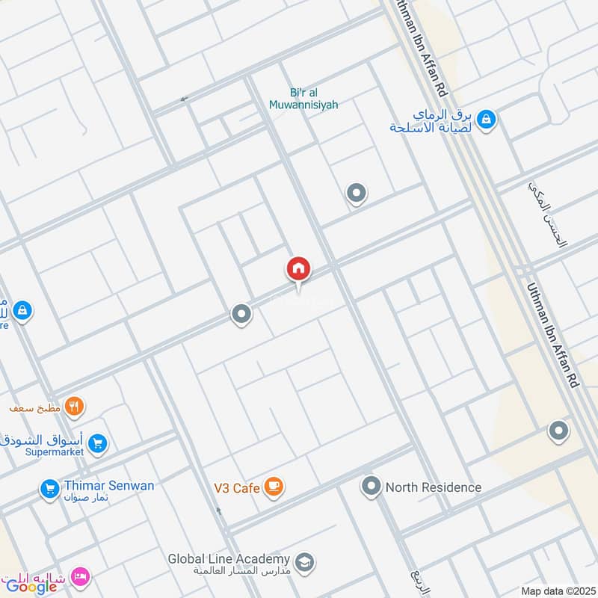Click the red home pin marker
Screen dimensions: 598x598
(x=298, y=269)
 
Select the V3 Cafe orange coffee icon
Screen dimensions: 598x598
(x=274, y=487)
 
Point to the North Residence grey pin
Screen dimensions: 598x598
(x=370, y=487)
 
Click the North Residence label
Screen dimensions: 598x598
(x=434, y=487)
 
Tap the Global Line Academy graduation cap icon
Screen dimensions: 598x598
(x=304, y=561)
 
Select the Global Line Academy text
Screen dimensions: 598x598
(x=228, y=559)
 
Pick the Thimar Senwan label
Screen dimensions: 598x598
(x=108, y=486)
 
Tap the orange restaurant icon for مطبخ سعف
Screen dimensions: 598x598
(x=74, y=407)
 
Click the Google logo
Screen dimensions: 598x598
(x=31, y=586)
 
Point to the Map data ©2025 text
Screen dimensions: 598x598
(x=556, y=591)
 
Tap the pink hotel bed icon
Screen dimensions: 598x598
(x=81, y=576)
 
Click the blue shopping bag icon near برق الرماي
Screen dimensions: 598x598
(x=486, y=119)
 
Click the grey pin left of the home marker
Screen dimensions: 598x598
(x=241, y=314)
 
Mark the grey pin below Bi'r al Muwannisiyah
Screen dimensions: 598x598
(x=357, y=194)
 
